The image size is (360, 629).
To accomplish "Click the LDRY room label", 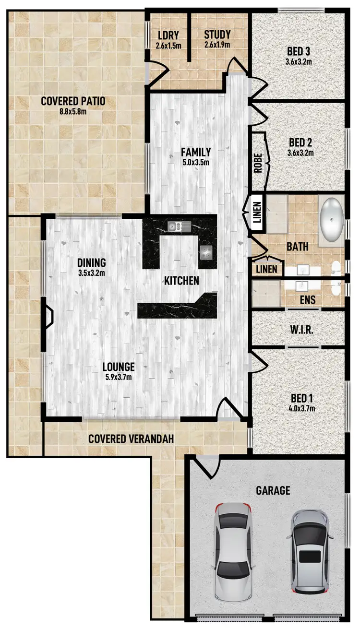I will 168,35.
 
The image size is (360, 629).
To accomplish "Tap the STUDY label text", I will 217,35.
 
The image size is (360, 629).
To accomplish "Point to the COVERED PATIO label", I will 73,101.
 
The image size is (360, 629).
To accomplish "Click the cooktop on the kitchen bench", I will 207,251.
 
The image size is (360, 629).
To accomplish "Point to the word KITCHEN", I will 181,281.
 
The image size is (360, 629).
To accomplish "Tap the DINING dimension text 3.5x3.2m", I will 91,273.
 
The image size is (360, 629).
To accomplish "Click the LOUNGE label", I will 119,367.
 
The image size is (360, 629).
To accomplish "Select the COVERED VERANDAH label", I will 131,439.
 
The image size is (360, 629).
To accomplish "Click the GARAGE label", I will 273,490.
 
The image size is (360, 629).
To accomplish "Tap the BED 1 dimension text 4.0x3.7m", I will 299,408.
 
